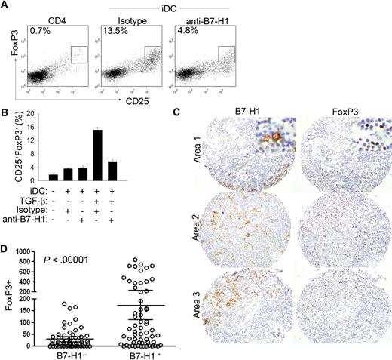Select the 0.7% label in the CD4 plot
point(35,32)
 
